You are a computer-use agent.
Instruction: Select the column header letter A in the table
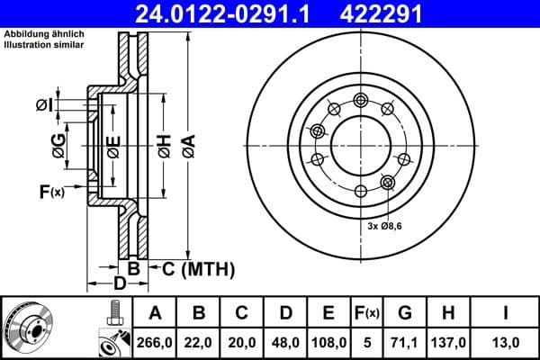click(155, 313)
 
